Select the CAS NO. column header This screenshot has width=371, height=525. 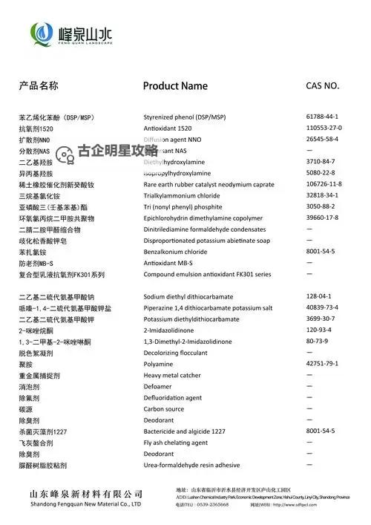coord(323,85)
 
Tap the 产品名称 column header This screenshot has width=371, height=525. coord(39,85)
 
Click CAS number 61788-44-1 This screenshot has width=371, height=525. coord(322,117)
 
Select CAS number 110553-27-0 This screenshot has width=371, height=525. coord(324,128)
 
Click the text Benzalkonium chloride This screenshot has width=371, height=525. coord(175,252)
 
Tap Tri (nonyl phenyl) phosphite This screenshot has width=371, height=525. coord(183,207)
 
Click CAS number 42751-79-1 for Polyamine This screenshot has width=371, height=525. coord(322,364)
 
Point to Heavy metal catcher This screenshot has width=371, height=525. coord(172,376)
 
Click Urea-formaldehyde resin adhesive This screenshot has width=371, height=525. coord(191,466)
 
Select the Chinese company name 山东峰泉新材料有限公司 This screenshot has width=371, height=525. coord(86,494)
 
